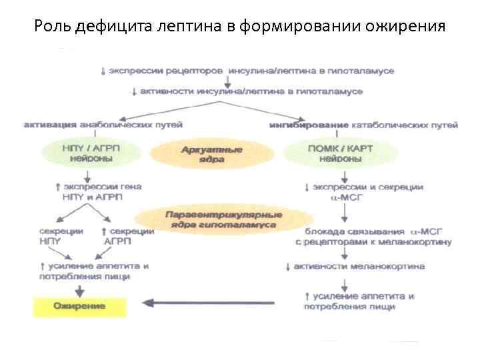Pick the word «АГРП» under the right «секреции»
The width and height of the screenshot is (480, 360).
(119, 241)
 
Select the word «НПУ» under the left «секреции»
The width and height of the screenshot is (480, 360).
(50, 241)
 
